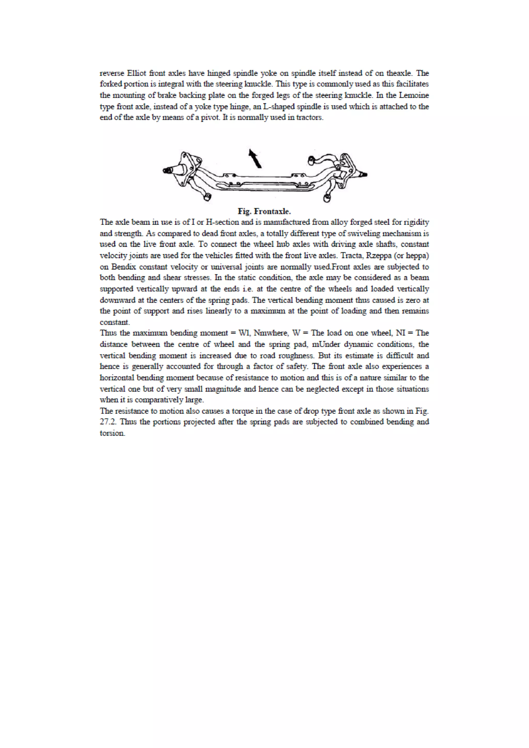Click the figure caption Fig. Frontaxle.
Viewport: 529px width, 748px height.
pos(264,211)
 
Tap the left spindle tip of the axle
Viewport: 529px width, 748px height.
pos(167,170)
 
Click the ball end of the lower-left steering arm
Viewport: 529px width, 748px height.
pos(207,197)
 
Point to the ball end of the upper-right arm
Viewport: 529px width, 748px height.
pos(311,160)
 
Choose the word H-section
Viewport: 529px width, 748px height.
pos(222,222)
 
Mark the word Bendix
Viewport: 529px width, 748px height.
pos(123,267)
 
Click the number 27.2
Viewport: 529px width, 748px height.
pos(108,422)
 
